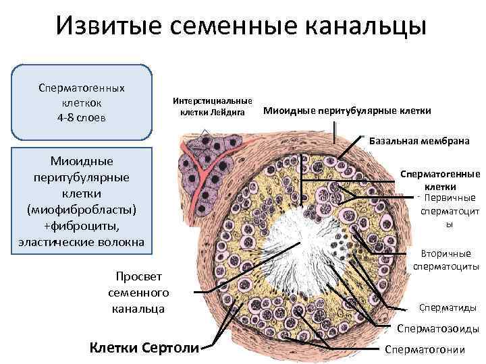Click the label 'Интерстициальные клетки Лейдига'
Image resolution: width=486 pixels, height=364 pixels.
213,106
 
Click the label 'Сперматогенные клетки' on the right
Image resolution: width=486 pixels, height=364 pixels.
440,179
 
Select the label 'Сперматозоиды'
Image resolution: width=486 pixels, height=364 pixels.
438,329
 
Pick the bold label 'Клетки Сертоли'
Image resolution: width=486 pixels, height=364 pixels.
145,348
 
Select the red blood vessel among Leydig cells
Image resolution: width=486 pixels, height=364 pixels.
202,172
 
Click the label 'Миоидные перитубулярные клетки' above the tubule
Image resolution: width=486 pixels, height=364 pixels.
346,111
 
